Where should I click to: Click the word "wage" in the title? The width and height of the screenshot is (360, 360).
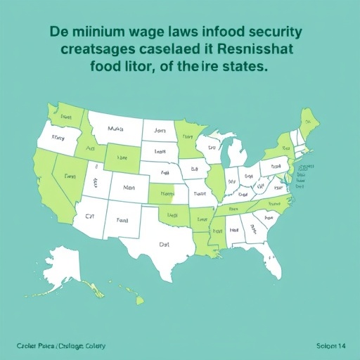(145, 33)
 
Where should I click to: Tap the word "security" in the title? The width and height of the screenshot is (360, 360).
(269, 33)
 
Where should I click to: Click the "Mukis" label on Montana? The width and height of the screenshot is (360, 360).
(115, 129)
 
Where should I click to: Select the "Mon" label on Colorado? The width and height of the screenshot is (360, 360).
(128, 188)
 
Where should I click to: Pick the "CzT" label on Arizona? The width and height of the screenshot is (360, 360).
(89, 219)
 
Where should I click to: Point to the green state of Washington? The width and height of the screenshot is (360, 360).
(65, 115)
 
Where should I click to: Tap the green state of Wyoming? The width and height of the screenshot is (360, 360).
(122, 156)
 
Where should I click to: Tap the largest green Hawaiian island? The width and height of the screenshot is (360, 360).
(139, 300)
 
